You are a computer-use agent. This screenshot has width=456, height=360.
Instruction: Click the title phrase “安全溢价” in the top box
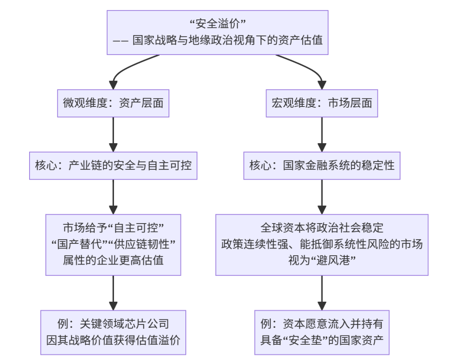[217, 24]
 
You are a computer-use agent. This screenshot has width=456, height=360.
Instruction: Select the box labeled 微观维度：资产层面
[113, 104]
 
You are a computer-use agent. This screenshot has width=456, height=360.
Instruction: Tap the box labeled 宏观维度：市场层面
[322, 104]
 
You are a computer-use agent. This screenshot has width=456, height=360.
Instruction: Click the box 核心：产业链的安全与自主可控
[113, 166]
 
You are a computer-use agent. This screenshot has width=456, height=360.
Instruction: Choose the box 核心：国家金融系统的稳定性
[322, 166]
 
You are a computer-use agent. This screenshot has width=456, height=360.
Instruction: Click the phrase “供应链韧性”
[141, 244]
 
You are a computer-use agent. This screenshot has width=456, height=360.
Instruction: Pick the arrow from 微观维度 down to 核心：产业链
[113, 134]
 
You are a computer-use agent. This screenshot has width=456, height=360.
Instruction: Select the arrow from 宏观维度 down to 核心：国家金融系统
[322, 134]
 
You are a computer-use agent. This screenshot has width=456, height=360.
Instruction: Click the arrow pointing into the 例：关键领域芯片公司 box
[113, 293]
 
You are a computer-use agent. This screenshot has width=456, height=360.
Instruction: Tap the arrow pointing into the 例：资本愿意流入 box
[322, 293]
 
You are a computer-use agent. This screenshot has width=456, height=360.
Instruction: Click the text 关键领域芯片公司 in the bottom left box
[124, 324]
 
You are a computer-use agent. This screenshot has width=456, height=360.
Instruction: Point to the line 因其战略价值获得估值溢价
[113, 340]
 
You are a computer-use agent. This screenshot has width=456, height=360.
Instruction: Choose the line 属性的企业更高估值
[113, 260]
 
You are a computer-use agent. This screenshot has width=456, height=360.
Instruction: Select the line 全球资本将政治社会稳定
[322, 228]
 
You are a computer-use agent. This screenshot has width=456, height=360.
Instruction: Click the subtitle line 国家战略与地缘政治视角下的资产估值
[228, 40]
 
